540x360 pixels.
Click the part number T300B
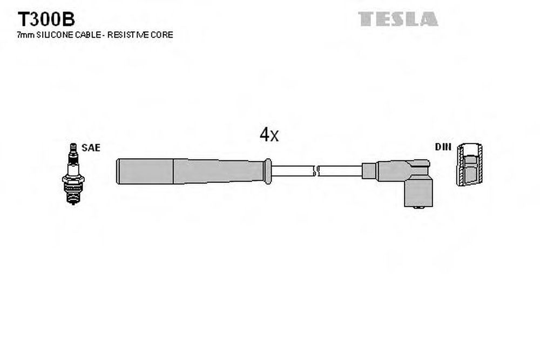pyautogui.click(x=46, y=19)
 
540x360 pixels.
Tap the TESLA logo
pyautogui.click(x=398, y=19)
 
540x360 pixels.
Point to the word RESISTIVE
pyautogui.click(x=127, y=35)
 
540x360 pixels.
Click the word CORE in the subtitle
pyautogui.click(x=161, y=35)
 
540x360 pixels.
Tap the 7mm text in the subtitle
pyautogui.click(x=25, y=35)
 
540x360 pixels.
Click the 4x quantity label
pyautogui.click(x=269, y=134)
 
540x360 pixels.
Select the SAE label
pyautogui.click(x=91, y=148)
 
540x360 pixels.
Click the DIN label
pyautogui.click(x=443, y=147)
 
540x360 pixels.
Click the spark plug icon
pyautogui.click(x=73, y=174)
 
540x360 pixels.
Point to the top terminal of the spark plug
pyautogui.click(x=73, y=148)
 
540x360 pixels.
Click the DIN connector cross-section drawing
pyautogui.click(x=469, y=164)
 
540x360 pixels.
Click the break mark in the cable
pyautogui.click(x=315, y=171)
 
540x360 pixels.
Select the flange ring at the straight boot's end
pyautogui.click(x=268, y=171)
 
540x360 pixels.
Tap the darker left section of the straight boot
pyautogui.click(x=145, y=172)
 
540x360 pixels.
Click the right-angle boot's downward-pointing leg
pyautogui.click(x=418, y=193)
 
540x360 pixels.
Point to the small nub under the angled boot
pyautogui.click(x=418, y=208)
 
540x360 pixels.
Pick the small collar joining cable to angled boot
pyautogui.click(x=369, y=171)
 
